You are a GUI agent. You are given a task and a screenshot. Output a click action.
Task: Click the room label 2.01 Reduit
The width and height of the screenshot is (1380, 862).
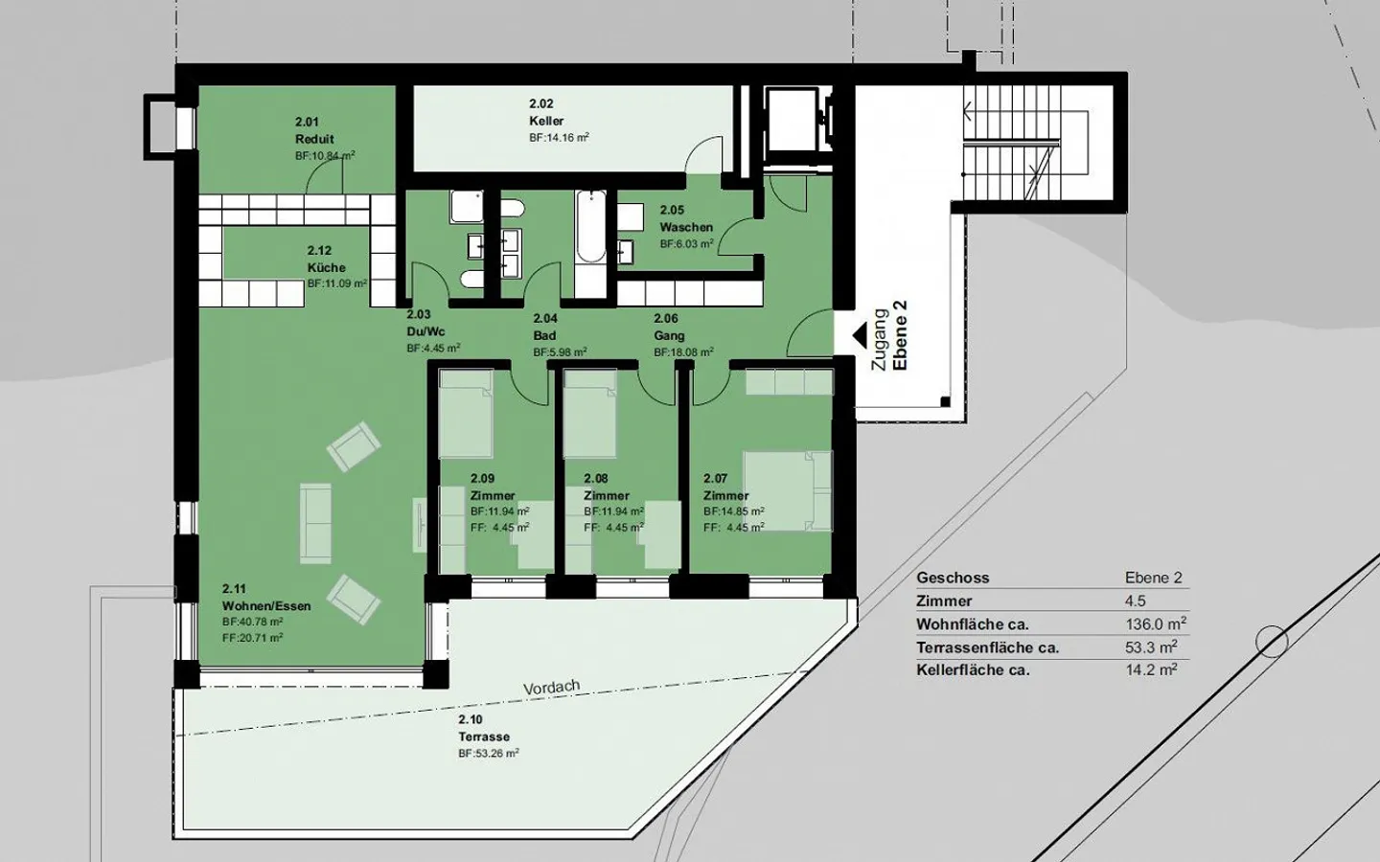coord(314,139)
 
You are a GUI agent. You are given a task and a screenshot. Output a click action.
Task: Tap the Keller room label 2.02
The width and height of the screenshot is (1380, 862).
coord(546,121)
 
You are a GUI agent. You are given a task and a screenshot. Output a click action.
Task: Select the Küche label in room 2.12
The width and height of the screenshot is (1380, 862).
coord(326,267)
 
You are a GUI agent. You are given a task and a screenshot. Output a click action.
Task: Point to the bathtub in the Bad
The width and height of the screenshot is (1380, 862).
coord(590,228)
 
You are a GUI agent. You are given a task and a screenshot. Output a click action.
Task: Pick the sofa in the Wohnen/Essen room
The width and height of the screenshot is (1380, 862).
coord(315,522)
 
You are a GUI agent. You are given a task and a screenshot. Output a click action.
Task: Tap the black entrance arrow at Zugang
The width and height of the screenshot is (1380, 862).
coord(861,334)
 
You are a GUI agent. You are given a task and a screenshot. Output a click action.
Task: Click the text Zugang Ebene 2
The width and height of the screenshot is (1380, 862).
coord(889,337)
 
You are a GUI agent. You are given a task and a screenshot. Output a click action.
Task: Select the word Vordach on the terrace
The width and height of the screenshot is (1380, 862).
coord(552,687)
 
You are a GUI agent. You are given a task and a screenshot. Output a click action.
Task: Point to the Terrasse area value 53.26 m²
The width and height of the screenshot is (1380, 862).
coord(489,754)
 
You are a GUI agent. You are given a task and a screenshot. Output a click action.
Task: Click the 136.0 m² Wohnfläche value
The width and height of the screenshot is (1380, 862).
coord(1156,624)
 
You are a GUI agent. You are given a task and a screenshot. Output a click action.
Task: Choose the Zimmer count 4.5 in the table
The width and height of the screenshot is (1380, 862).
coord(1136,601)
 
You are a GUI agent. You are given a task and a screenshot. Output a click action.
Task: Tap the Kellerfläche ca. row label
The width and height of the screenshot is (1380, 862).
coord(973,670)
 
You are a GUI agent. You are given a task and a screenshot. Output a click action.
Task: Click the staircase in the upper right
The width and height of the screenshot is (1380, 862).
coord(1025,144)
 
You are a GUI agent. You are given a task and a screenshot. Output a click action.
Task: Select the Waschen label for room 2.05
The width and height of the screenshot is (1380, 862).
coord(686,227)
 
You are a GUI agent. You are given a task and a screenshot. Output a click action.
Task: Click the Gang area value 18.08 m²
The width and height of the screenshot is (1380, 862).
coord(684,352)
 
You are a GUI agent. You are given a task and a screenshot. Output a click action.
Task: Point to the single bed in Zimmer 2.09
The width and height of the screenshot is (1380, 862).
coord(466,415)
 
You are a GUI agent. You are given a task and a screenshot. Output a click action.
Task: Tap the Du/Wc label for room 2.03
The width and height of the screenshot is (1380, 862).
coord(425,331)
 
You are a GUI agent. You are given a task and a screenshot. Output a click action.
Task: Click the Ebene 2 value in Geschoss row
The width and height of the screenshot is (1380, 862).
coord(1154,578)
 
